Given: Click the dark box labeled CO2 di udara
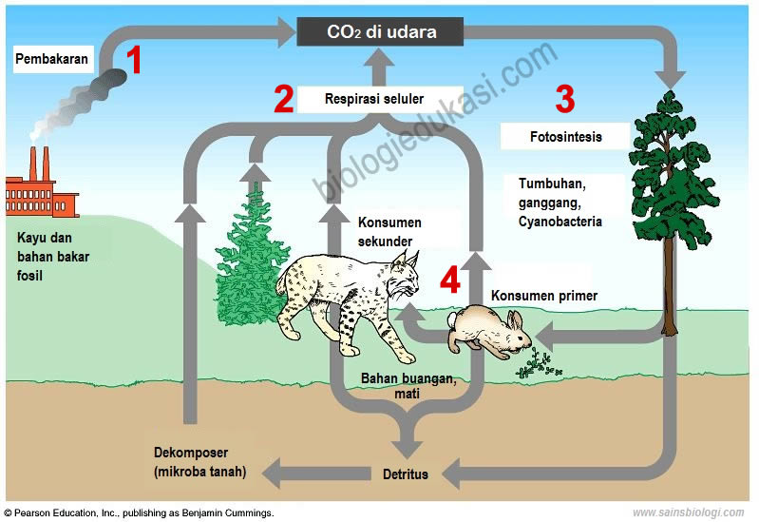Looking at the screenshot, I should [381, 31].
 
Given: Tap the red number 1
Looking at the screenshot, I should [135, 62].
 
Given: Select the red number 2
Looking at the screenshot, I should [283, 99].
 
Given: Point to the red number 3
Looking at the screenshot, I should [565, 98].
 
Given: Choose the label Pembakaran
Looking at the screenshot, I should [52, 59].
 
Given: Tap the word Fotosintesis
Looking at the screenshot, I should [565, 136].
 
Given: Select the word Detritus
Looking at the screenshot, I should [405, 474].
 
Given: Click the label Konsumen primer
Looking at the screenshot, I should [544, 296].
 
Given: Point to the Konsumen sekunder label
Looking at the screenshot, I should [389, 232].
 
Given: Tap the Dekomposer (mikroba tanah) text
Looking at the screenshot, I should [199, 461].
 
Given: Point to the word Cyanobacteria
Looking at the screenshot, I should [560, 222].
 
